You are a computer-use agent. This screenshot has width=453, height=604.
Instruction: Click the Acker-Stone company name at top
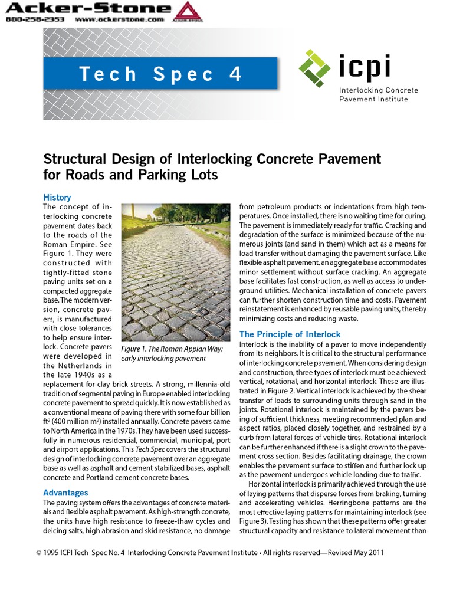click(88, 8)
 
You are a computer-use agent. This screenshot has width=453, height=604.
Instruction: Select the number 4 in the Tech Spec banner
click(235, 74)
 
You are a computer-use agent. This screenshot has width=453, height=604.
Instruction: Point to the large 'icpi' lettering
click(365, 66)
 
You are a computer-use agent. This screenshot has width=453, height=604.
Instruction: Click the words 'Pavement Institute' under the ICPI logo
click(373, 99)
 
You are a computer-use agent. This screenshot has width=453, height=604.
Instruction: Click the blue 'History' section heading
click(57, 198)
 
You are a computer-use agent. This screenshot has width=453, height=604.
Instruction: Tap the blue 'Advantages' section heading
click(65, 493)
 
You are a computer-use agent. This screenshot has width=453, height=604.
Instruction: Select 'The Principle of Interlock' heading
click(290, 334)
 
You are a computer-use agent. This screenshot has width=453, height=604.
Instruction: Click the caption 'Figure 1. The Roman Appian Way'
click(172, 349)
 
